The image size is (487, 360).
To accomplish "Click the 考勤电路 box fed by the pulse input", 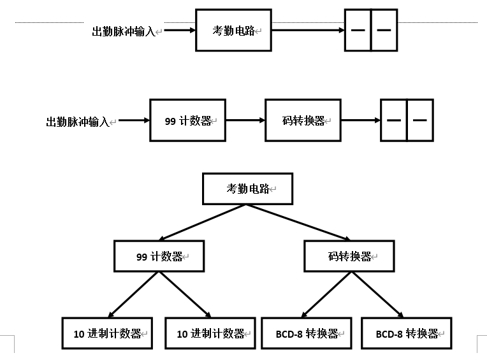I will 233,30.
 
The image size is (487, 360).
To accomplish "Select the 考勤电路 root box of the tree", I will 247,189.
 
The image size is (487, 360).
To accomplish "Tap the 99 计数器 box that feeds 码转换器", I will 187,120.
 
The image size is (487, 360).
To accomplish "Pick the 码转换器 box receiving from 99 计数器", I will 303,120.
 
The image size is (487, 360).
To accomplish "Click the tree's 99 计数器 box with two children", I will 159,256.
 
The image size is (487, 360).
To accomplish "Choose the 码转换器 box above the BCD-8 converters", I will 349,256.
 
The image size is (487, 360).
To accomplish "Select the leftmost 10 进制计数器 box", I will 107,333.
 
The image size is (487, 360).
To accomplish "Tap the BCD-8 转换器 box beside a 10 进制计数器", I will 307,333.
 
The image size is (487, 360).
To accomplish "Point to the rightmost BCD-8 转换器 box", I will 407,333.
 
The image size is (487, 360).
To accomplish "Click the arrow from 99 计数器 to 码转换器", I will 245,120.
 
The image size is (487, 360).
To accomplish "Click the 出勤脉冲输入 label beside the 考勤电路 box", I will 125,31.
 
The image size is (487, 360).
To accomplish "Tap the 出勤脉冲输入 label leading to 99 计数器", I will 78,122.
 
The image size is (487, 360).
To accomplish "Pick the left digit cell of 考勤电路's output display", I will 358,30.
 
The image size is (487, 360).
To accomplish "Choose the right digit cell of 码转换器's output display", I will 419,120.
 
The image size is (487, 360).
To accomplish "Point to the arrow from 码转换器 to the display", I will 360,120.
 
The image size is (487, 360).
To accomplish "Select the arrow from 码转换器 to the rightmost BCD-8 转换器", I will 376,294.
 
